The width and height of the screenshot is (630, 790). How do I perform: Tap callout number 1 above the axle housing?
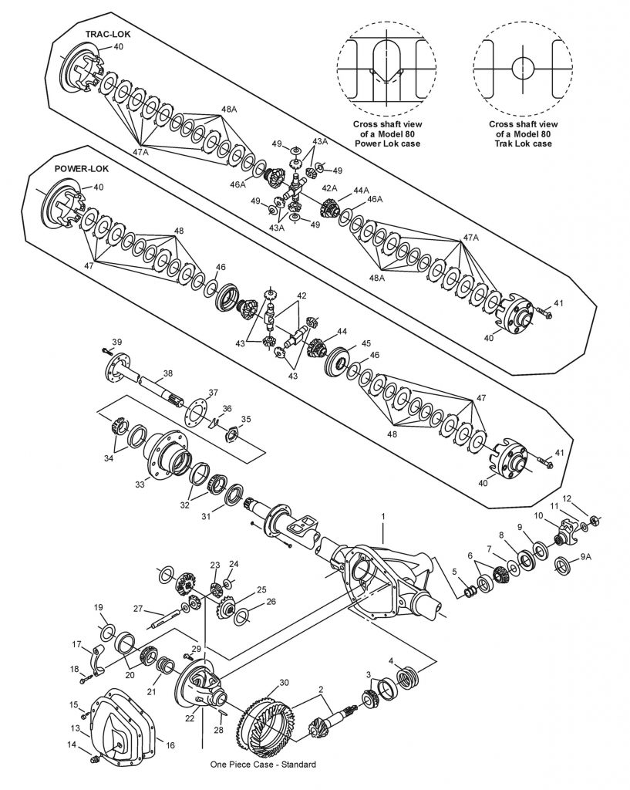(x=382, y=515)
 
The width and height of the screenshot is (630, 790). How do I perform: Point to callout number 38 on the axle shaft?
(x=167, y=373)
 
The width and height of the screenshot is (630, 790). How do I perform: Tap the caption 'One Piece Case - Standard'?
(x=262, y=765)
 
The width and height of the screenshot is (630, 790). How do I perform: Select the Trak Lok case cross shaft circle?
(x=522, y=67)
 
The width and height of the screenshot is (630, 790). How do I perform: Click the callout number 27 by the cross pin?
(x=138, y=609)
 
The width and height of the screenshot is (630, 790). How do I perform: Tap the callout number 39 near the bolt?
(x=116, y=341)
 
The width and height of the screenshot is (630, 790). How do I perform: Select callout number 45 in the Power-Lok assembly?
(x=366, y=343)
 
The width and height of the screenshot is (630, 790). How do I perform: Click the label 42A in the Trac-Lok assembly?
(x=329, y=188)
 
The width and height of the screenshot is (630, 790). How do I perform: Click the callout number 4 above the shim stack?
(x=391, y=661)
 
